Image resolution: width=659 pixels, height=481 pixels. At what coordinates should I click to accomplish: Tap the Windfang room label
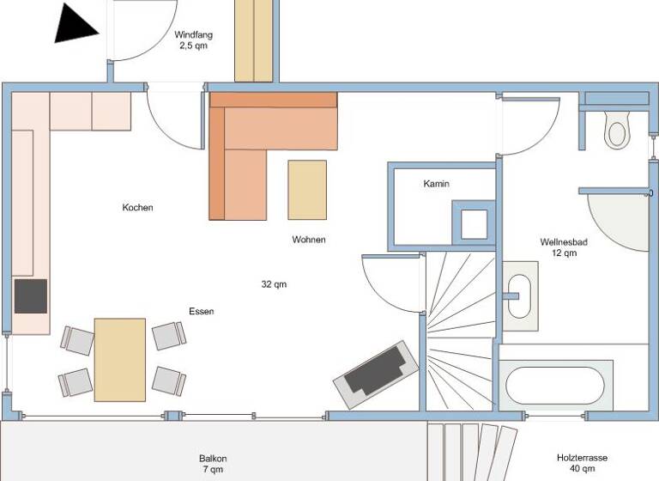(193, 40)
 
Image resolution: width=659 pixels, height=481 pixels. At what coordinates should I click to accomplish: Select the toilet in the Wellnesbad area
(616, 130)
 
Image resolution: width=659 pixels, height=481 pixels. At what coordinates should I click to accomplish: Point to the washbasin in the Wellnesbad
(519, 296)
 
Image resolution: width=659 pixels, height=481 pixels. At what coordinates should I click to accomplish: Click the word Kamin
(436, 184)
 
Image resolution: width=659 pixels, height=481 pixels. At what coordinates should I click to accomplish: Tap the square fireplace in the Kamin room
(473, 224)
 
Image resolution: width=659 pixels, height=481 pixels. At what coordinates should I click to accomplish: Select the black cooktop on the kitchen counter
(31, 296)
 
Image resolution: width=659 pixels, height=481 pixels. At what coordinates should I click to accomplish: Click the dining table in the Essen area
(119, 359)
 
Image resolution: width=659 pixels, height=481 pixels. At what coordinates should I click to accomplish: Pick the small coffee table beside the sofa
(307, 190)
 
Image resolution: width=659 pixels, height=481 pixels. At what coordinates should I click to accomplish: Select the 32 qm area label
(274, 284)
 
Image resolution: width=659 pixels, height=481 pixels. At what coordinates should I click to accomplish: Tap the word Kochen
(137, 208)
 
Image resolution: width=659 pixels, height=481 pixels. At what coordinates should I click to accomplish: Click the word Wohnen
(308, 240)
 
